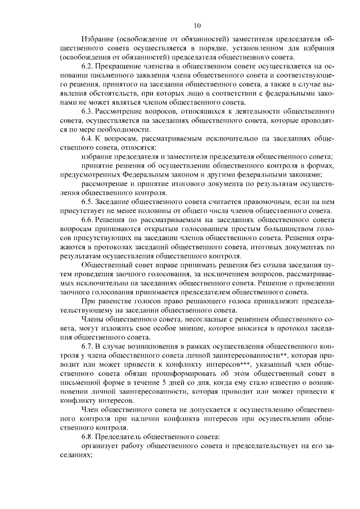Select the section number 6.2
(x=88, y=66)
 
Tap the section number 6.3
(x=88, y=111)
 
